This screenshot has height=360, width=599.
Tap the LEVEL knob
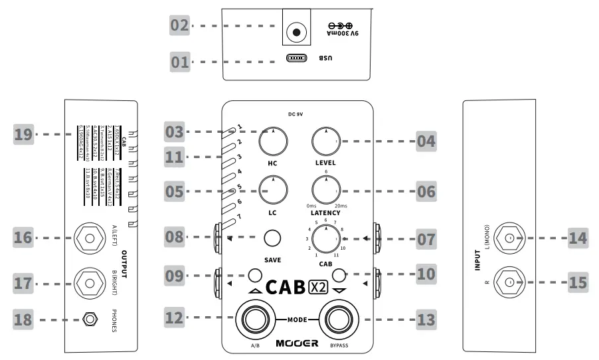(x=326, y=139)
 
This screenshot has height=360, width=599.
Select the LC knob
(x=272, y=189)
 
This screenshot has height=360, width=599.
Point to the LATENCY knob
(x=326, y=191)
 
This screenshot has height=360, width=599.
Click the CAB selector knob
(x=325, y=237)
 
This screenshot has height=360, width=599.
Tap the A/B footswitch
(x=253, y=319)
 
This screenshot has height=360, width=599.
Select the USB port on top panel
(x=297, y=58)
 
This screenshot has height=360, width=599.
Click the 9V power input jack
(x=296, y=31)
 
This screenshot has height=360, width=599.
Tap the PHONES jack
(x=88, y=320)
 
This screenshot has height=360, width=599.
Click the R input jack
(x=509, y=282)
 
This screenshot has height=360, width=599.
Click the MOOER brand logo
(x=297, y=344)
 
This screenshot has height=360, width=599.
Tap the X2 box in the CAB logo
(x=319, y=288)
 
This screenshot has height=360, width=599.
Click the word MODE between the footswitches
(x=298, y=320)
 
